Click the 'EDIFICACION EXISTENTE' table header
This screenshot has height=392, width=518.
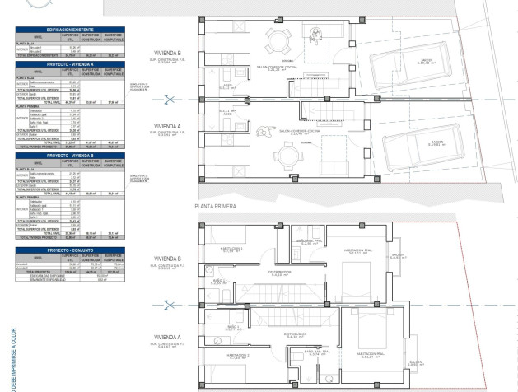coord(70,29)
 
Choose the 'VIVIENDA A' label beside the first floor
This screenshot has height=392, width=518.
coord(168,337)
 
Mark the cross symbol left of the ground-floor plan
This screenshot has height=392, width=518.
coord(170,100)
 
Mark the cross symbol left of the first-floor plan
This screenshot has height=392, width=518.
coord(170,306)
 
